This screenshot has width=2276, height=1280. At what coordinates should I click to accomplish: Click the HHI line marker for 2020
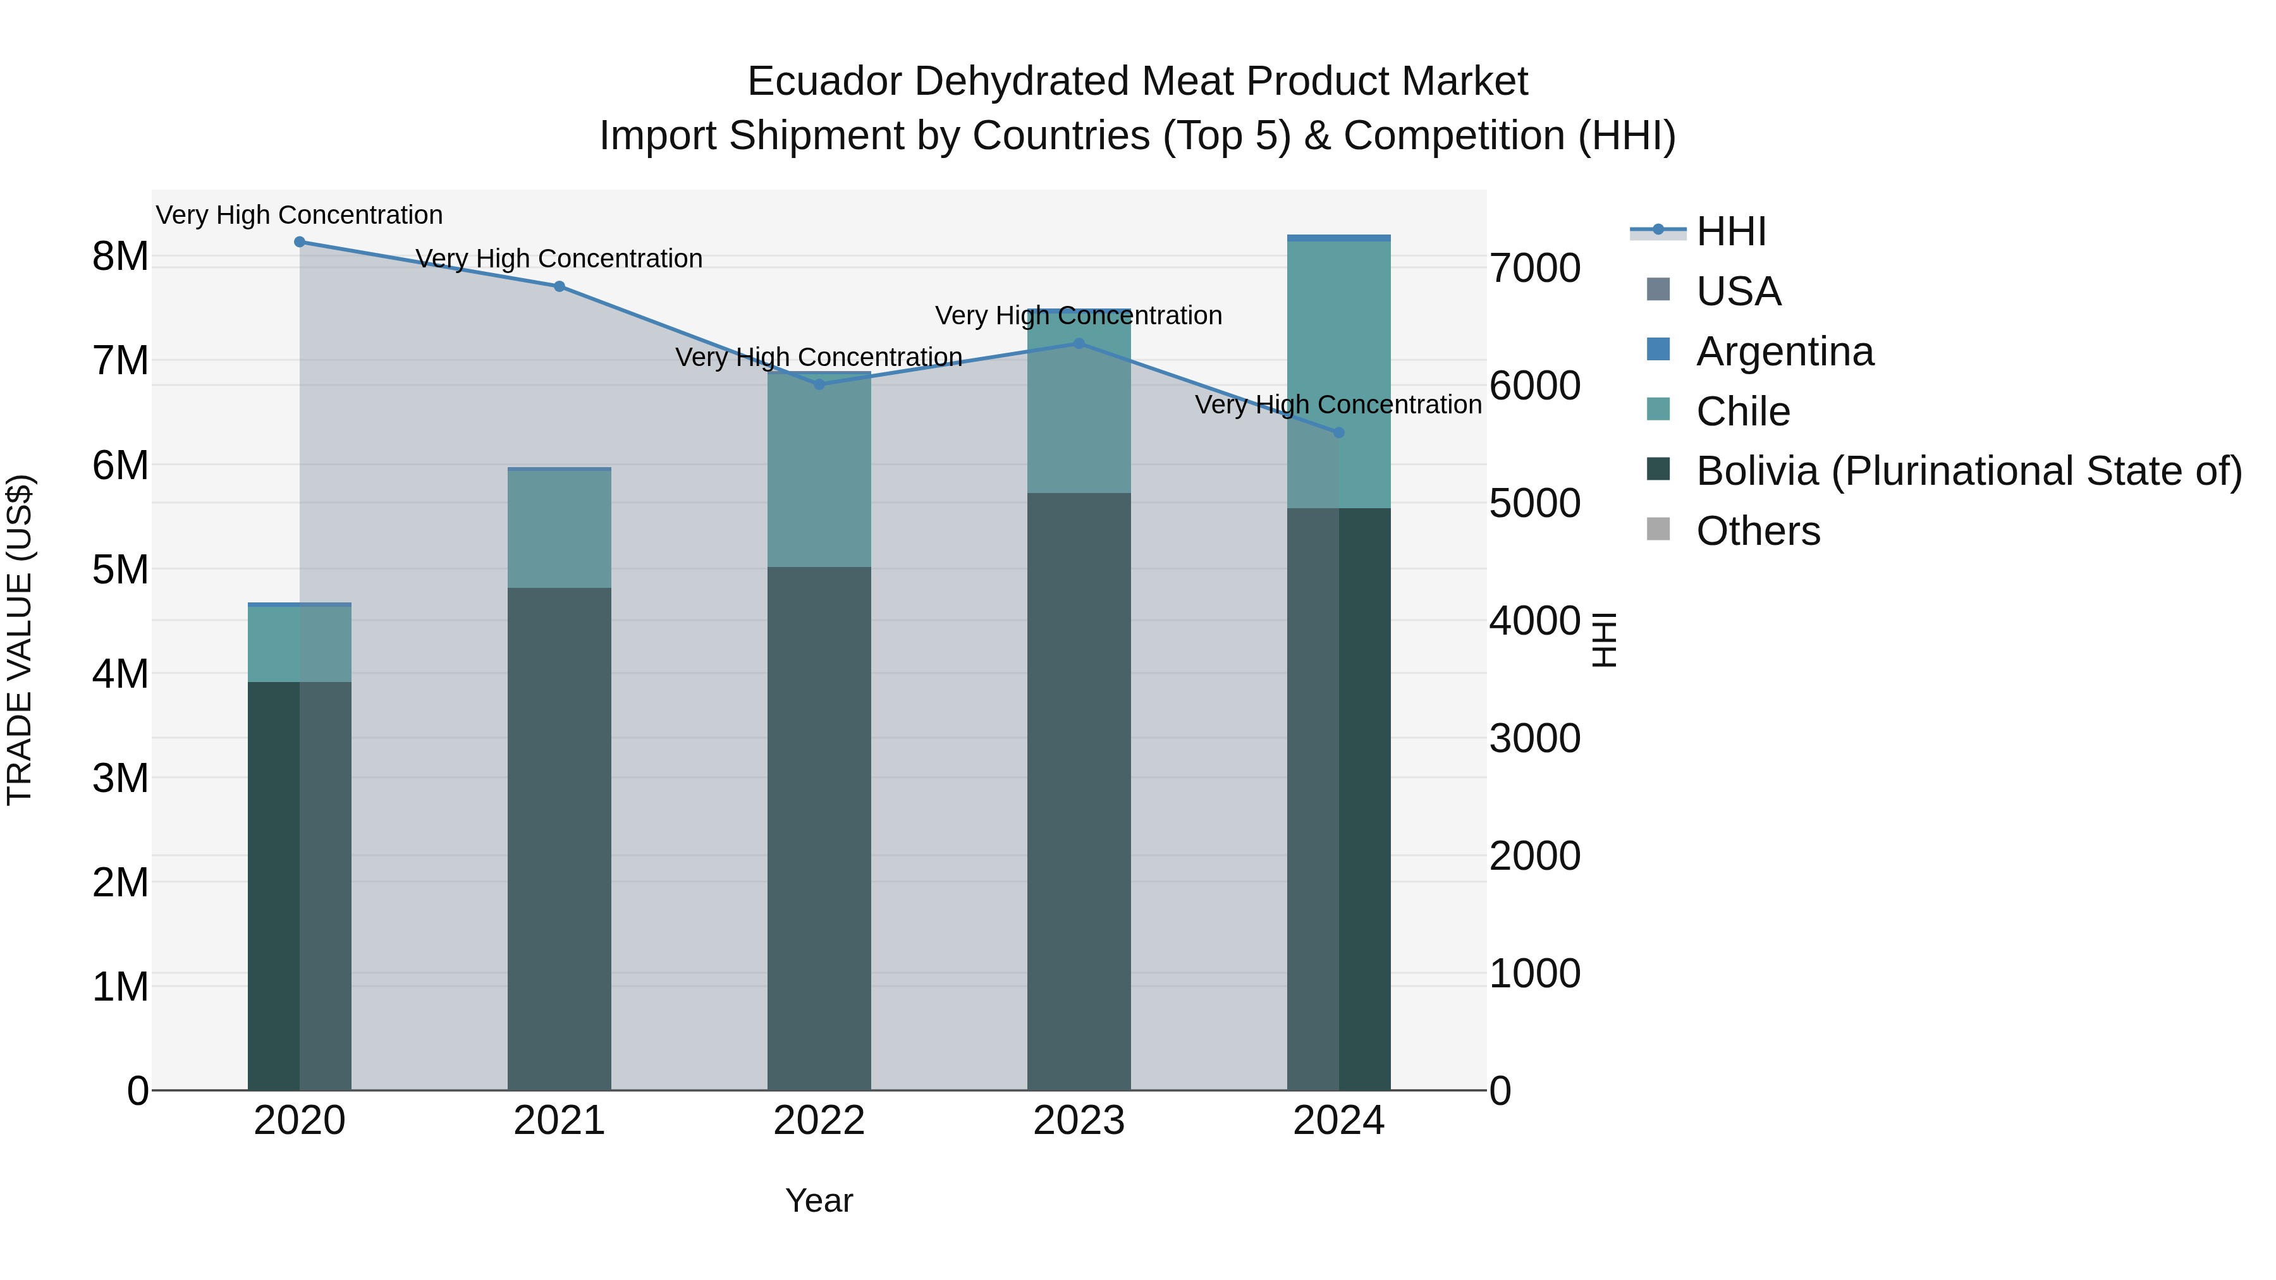click(300, 242)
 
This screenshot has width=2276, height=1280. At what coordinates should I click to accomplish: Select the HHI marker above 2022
click(819, 384)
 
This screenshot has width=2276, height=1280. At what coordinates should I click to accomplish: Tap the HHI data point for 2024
click(1338, 433)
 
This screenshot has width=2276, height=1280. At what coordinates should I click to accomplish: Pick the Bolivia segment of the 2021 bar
click(560, 839)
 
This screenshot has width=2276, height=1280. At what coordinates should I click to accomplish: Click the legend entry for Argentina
click(1784, 351)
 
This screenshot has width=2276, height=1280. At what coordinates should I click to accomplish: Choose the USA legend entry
click(1738, 291)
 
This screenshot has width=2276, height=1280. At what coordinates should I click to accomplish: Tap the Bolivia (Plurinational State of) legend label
click(1969, 472)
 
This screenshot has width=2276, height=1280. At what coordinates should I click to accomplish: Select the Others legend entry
click(1758, 532)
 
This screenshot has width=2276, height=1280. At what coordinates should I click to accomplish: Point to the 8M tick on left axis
click(120, 257)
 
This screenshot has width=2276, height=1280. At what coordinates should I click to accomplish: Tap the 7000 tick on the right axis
click(1534, 269)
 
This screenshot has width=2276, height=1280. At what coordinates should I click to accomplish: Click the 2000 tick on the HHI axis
click(1534, 856)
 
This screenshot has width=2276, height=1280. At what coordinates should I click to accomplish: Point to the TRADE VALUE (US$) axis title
click(20, 640)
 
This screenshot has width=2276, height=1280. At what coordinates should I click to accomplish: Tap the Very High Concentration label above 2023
click(1079, 315)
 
